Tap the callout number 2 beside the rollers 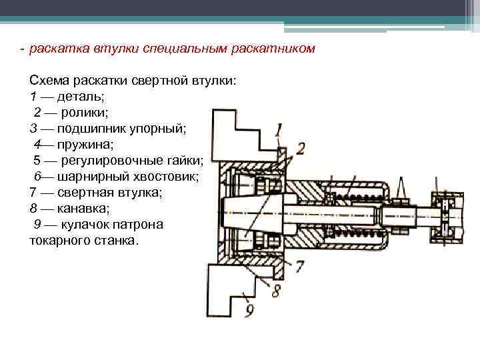[301, 148]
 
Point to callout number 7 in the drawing [300, 266]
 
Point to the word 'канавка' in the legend [83, 208]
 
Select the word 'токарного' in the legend [59, 240]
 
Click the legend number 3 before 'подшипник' [33, 128]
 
